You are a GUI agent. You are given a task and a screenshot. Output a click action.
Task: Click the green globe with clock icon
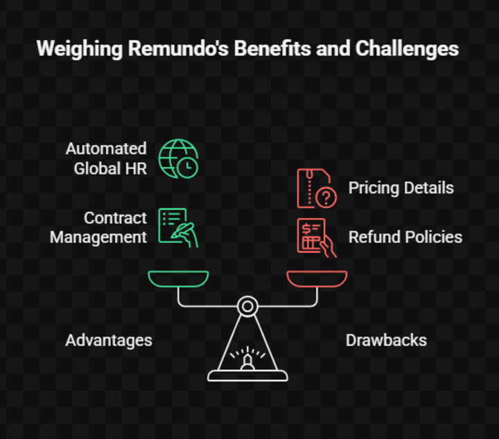tap(178, 158)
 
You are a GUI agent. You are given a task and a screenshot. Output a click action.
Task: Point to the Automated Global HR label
tap(107, 158)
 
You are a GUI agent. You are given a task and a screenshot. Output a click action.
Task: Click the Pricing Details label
tap(401, 188)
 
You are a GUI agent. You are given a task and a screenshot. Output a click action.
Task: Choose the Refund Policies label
tap(405, 237)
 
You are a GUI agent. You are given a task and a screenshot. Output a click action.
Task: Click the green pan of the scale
tap(178, 278)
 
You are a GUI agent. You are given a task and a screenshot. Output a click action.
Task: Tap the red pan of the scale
tap(317, 278)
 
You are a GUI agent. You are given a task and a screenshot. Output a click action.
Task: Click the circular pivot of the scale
tap(247, 305)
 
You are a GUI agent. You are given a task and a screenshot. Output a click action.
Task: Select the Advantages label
tap(109, 340)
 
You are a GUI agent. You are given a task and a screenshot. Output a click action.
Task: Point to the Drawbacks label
tap(386, 340)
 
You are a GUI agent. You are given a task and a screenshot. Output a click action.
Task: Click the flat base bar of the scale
tap(247, 377)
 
